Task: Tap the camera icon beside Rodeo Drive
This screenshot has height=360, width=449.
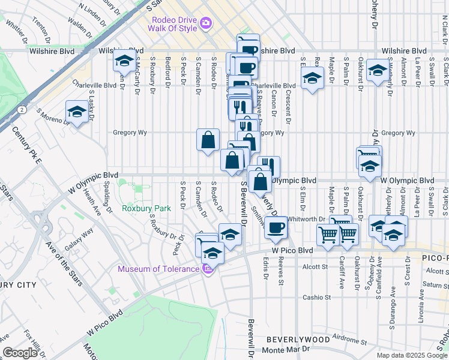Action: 206,23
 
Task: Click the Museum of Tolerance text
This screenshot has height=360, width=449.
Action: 158,269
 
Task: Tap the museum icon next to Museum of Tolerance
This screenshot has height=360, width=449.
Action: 208,268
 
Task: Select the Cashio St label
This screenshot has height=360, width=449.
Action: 317,297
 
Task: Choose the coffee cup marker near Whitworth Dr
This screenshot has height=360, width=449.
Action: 276,228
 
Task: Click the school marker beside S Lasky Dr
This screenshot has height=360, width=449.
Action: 77,112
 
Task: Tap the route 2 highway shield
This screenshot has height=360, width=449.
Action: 21,110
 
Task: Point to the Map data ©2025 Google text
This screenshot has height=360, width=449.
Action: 412,355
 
